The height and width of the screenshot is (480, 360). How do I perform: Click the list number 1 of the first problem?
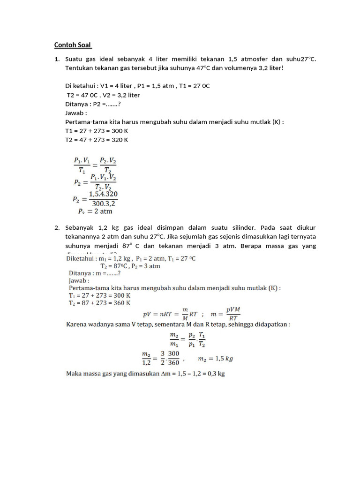coord(57,60)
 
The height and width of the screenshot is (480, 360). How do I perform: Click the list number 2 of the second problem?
coord(57,227)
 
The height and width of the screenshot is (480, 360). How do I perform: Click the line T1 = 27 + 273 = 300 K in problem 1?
coord(97,131)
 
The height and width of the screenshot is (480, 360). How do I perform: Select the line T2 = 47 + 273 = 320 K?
coord(97,140)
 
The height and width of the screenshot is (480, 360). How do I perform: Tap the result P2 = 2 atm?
coord(94,211)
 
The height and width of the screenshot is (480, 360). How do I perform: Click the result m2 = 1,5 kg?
coord(216,359)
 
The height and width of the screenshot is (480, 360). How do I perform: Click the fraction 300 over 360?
coord(173,359)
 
